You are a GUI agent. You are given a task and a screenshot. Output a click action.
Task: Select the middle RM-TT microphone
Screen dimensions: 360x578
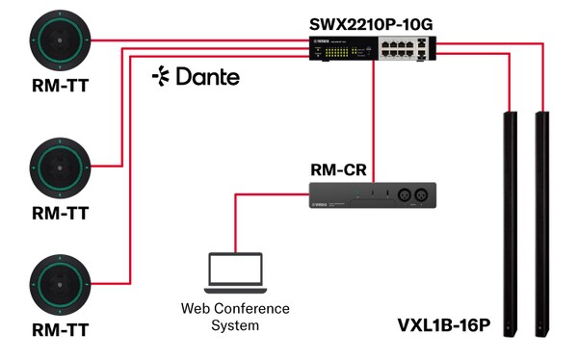58,167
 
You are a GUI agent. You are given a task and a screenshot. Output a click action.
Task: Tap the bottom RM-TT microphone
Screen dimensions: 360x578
58,283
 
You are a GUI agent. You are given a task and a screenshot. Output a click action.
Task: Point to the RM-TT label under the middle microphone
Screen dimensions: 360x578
58,214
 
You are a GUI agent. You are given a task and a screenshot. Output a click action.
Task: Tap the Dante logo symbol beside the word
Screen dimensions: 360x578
161,76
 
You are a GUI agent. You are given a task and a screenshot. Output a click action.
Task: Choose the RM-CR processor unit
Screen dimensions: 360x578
373,197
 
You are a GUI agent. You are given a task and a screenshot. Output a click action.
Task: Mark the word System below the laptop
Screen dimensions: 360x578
235,325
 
